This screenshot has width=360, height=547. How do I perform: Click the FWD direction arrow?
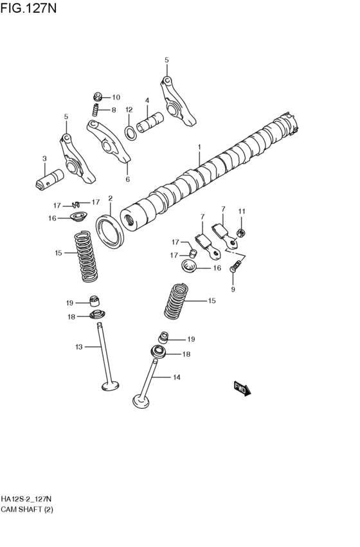tap(242, 388)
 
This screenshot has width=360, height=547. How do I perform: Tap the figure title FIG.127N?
tap(28, 8)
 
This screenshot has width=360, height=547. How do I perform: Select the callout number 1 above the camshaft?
tap(199, 147)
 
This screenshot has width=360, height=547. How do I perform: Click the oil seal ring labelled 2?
tap(110, 231)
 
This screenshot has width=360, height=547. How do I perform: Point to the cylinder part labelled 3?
tap(50, 179)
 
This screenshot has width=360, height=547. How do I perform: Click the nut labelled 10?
tap(98, 96)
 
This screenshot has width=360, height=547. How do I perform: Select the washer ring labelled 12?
tap(130, 133)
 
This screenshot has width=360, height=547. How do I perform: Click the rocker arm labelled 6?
tap(108, 141)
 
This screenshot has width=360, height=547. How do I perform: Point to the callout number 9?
tap(233, 289)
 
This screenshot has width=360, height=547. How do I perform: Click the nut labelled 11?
tap(240, 232)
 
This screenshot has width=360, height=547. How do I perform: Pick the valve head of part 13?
tap(110, 386)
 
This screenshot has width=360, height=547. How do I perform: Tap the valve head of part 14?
tap(141, 401)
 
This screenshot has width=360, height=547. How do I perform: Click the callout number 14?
tap(177, 377)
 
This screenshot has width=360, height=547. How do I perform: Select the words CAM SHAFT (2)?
tap(27, 510)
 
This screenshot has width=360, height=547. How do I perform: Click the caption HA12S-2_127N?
tap(26, 499)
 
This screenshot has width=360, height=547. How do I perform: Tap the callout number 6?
tap(128, 179)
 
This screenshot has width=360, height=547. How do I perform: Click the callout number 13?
tap(79, 346)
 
